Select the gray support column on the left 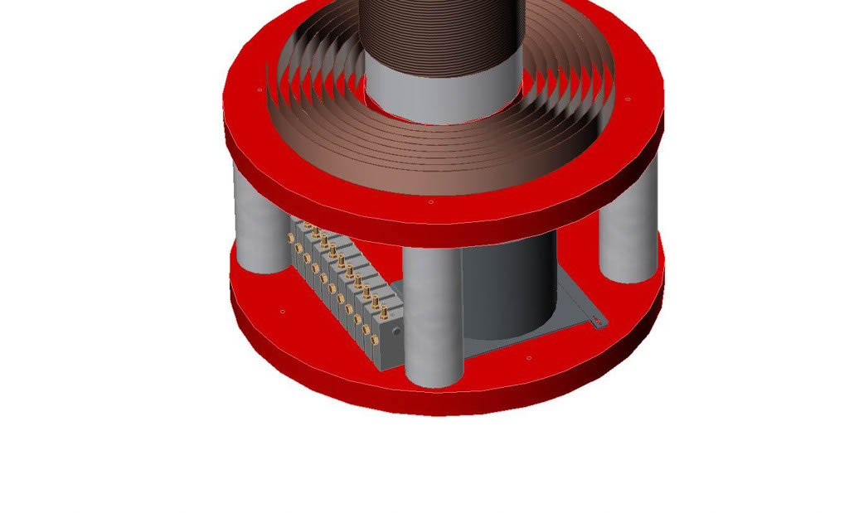coord(260,217)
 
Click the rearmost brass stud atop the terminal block coord(308,225)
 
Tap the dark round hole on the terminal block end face coord(397,332)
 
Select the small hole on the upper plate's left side coord(260,89)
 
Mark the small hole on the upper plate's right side coord(628,99)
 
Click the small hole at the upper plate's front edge coord(430,201)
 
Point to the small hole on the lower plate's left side coord(283,312)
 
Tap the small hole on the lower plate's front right coord(529,359)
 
